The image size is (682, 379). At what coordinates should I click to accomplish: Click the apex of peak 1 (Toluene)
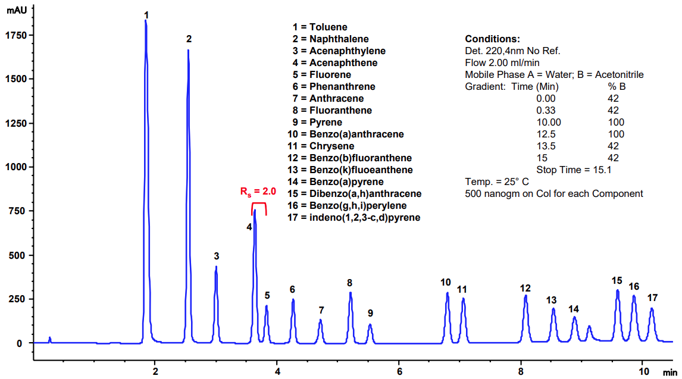146,21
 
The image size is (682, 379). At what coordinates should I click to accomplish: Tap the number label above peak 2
189,39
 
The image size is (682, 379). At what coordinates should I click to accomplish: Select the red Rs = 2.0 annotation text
258,192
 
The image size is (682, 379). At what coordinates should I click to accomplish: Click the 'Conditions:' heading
492,39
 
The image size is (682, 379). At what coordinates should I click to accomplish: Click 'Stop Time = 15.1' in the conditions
574,170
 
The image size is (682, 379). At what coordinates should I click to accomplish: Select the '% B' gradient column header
613,86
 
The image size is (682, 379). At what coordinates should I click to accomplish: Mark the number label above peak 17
653,297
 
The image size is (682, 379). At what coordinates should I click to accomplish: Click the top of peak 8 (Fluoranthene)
351,293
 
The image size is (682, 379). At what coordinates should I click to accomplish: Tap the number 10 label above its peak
446,282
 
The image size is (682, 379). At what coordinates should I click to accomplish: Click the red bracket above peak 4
259,203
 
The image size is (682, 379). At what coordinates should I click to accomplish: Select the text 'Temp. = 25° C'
496,181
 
